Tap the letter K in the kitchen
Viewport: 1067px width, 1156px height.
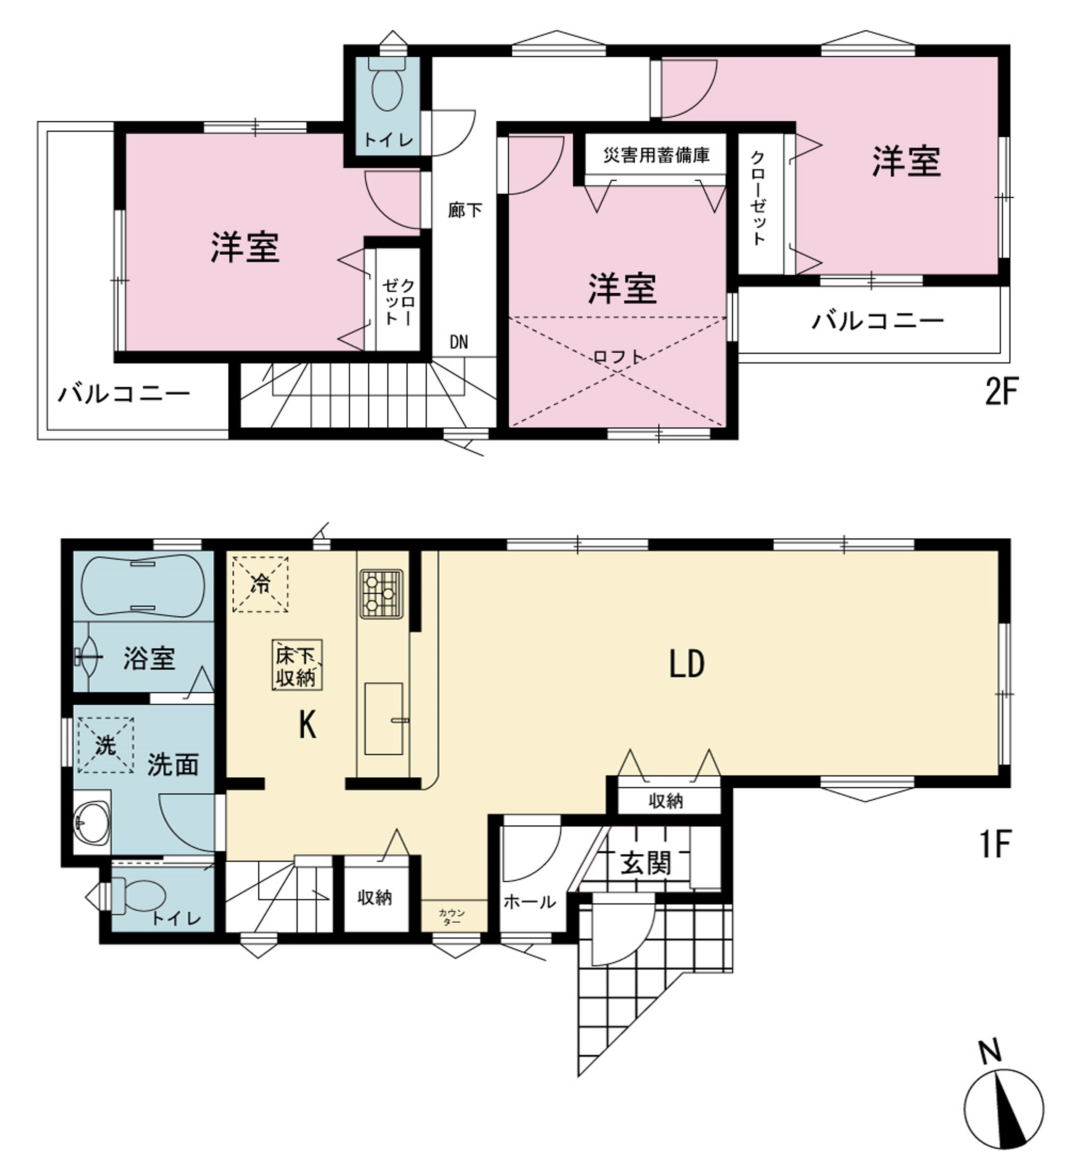tap(308, 724)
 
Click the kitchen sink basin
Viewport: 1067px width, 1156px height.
tap(384, 719)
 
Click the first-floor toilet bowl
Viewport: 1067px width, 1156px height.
tap(138, 896)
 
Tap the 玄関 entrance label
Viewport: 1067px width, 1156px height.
tap(646, 863)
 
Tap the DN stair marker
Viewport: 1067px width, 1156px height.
tap(459, 342)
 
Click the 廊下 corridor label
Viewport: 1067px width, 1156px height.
tap(465, 210)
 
